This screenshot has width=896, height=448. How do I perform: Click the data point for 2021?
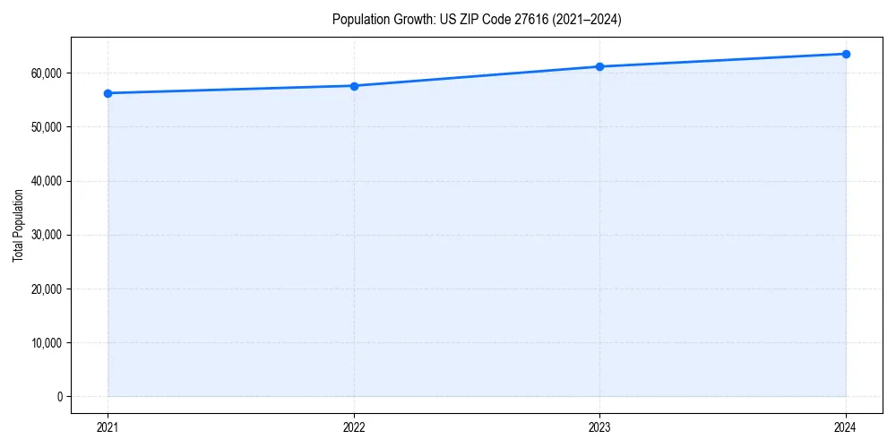(108, 93)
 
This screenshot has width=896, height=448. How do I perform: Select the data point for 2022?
(354, 86)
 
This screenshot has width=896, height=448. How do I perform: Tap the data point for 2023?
(599, 66)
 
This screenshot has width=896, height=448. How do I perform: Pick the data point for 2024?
(846, 54)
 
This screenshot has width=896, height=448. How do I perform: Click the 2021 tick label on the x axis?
(108, 427)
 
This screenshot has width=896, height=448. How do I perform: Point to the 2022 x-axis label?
(354, 427)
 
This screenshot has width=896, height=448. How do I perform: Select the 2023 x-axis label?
(599, 427)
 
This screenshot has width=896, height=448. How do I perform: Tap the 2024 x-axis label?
(846, 427)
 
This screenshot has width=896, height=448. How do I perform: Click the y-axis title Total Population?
(18, 225)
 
